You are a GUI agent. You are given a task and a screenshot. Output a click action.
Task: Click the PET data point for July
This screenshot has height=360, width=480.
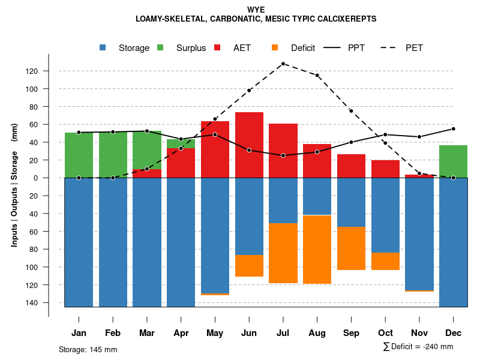tap(283, 64)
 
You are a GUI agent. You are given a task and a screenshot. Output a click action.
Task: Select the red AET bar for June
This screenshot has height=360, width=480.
tap(249, 145)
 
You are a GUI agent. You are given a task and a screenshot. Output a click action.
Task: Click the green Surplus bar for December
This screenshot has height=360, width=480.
tap(454, 161)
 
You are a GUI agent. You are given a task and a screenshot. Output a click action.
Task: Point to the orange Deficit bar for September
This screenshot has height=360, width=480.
tap(352, 248)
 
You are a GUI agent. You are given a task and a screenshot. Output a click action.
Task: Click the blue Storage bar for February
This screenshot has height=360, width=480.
tap(113, 242)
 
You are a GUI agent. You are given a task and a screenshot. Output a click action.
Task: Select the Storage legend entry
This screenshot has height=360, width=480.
tap(126, 48)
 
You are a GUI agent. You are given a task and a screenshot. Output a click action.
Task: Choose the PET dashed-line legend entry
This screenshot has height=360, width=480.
tap(406, 48)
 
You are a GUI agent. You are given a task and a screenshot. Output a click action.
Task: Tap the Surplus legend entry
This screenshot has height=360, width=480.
tap(184, 48)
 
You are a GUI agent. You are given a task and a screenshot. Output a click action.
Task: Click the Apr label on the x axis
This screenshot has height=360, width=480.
tap(181, 333)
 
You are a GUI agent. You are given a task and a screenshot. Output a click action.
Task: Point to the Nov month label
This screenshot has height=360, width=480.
tap(419, 333)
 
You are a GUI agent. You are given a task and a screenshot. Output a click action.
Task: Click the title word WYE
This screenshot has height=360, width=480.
tap(256, 10)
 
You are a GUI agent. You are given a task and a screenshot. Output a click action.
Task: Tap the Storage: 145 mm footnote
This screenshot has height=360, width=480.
tap(88, 349)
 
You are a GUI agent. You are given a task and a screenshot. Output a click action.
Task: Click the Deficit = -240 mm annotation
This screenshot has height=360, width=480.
tap(418, 347)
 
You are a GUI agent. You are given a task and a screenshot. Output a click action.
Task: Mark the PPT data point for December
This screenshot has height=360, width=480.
tap(454, 129)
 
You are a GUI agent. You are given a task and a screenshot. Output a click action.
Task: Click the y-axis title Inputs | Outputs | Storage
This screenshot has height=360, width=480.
tap(14, 186)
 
